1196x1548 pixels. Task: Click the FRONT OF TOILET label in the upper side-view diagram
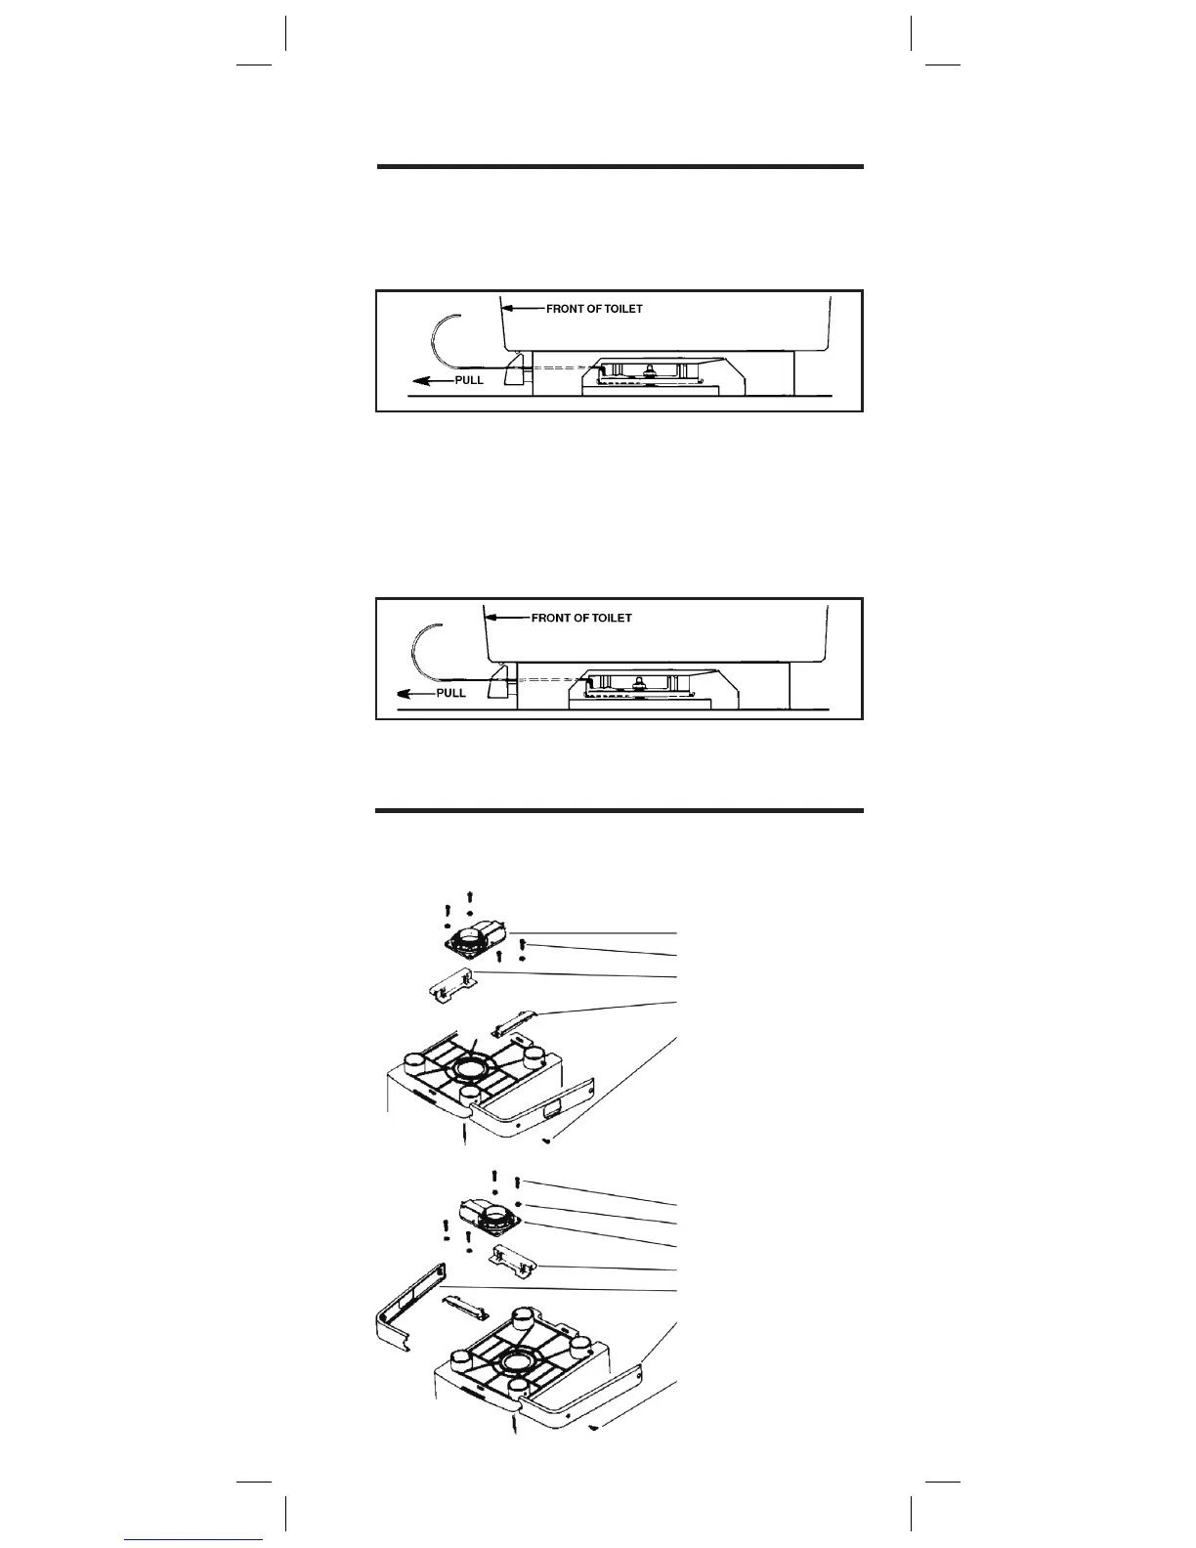tap(593, 309)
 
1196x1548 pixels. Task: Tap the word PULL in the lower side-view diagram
tap(450, 693)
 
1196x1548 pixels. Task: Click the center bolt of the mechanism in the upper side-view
tap(649, 370)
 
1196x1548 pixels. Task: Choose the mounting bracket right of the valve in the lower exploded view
tap(514, 1261)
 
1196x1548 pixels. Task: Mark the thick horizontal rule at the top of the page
tap(620, 167)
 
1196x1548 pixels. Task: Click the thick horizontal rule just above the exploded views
tap(620, 810)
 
